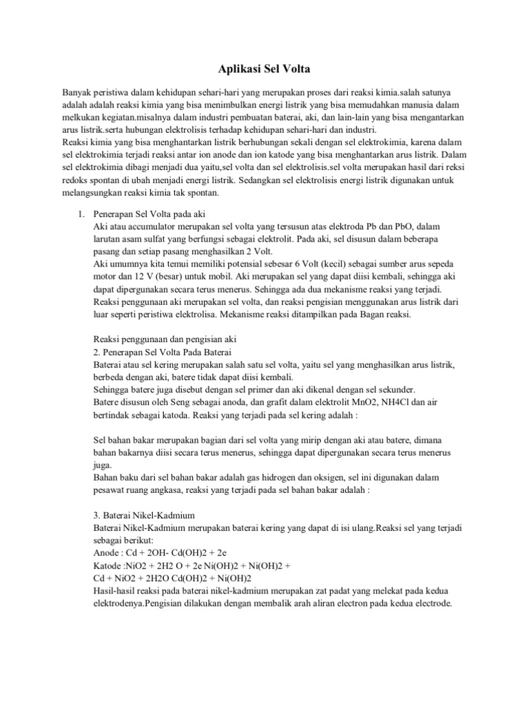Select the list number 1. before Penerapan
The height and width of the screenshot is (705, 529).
(80, 214)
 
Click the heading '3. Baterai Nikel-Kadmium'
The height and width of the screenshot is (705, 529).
(144, 514)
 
